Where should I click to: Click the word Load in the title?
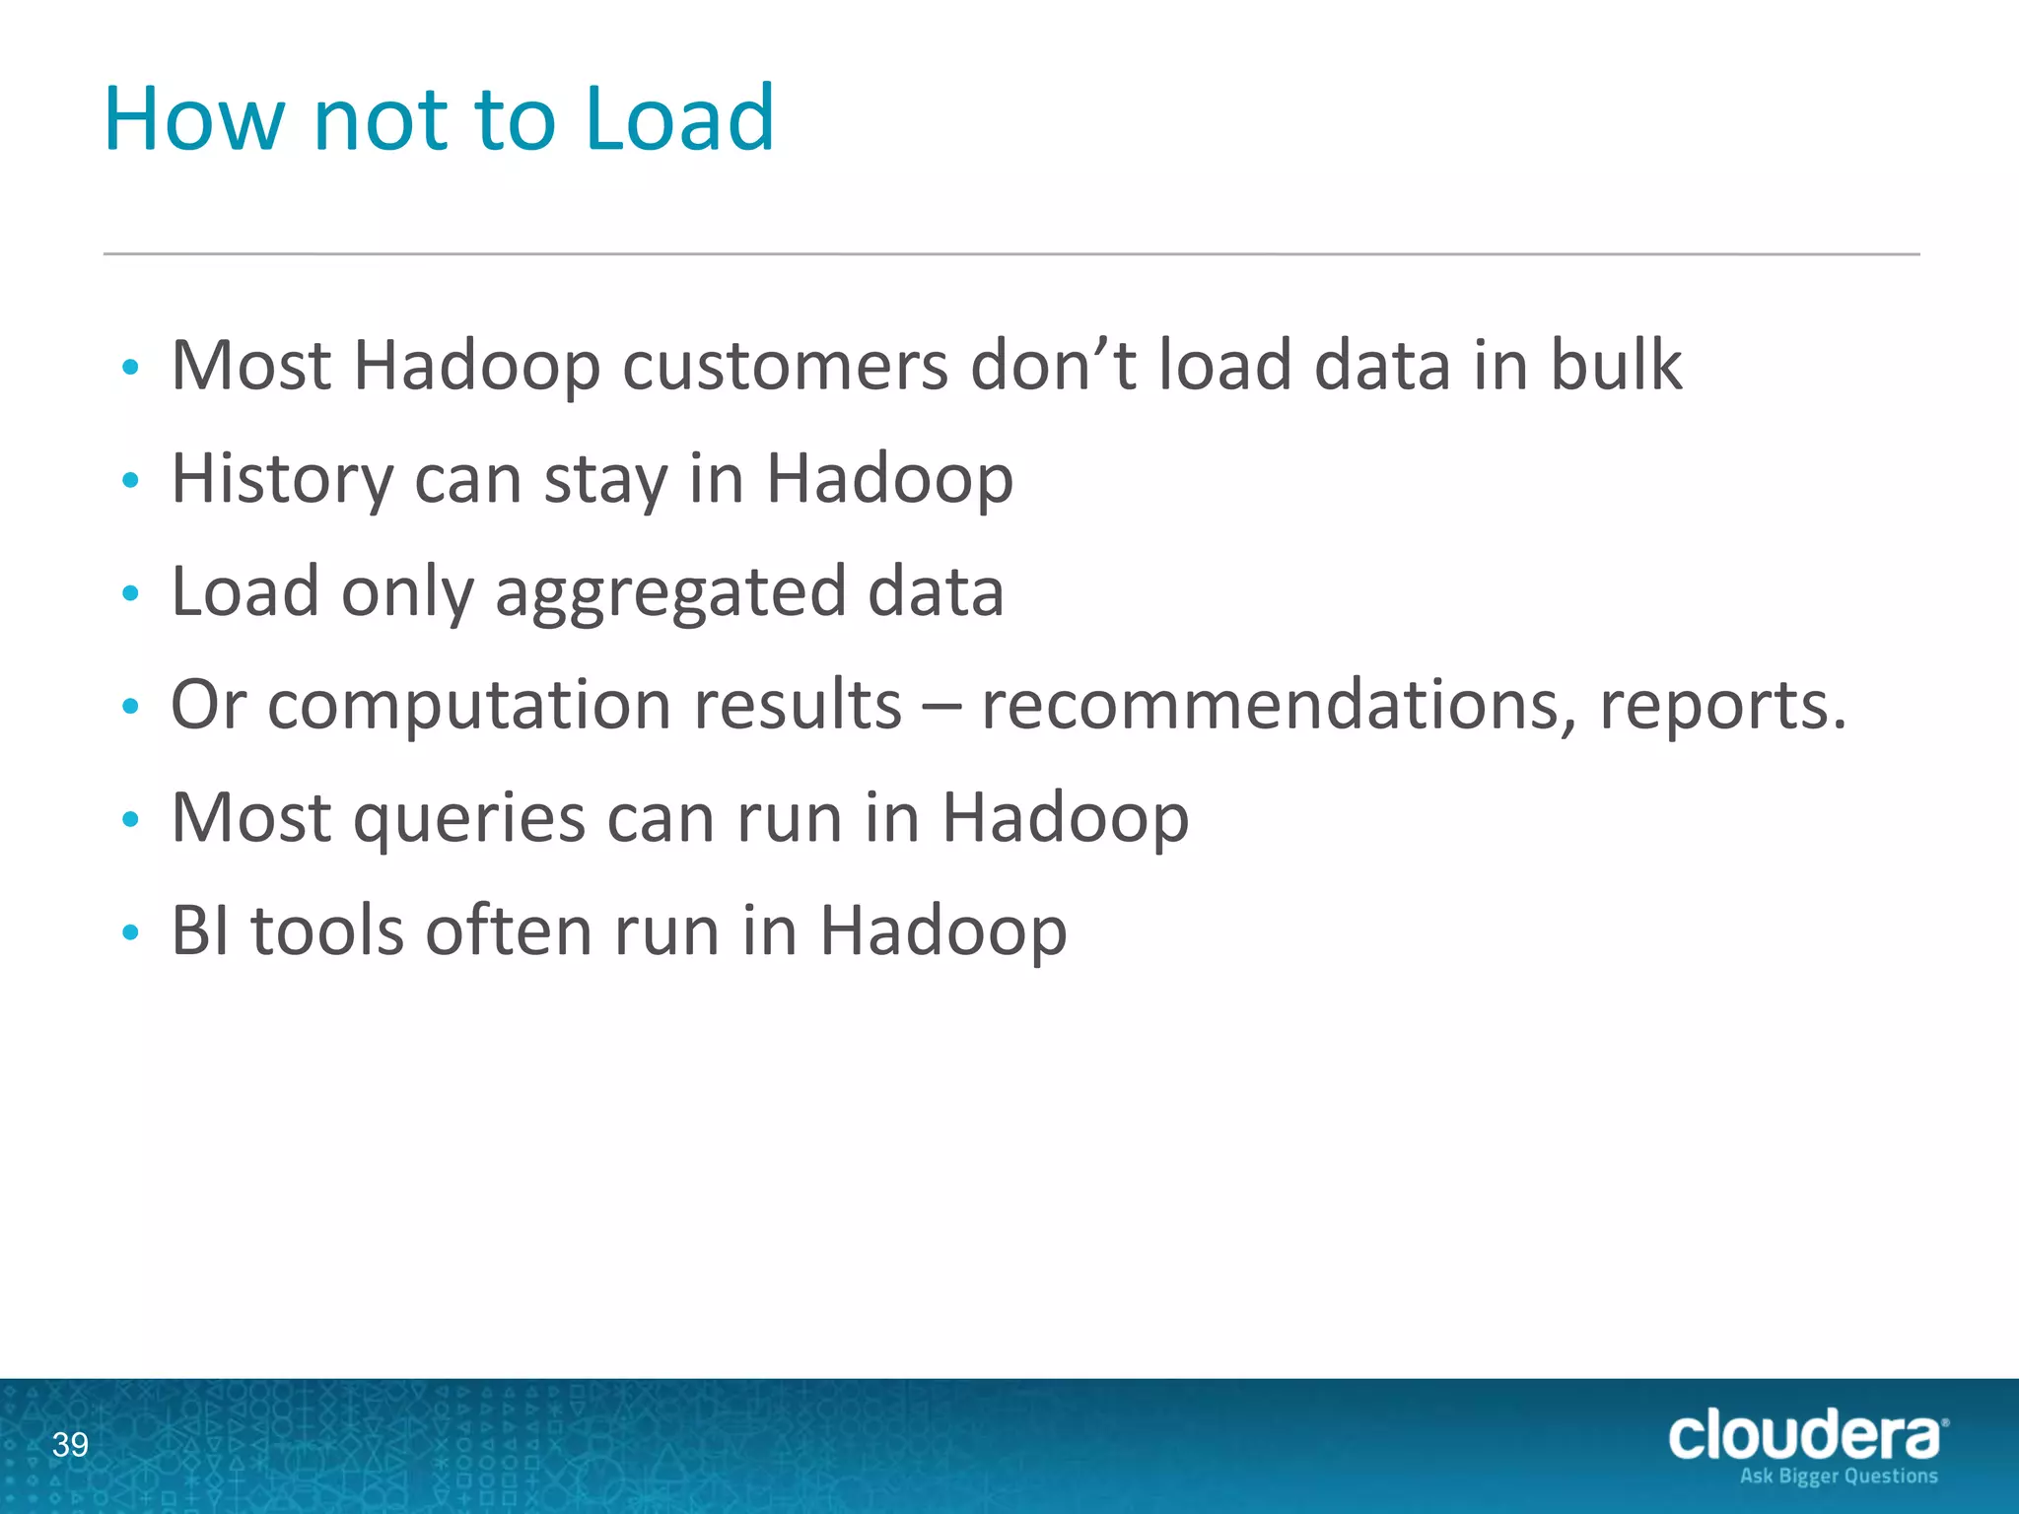(x=679, y=119)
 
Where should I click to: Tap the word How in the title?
(x=193, y=119)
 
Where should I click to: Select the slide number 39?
(x=70, y=1445)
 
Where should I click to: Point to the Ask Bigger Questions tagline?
(x=1839, y=1477)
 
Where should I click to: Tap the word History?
(x=282, y=480)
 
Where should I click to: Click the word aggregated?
(x=670, y=593)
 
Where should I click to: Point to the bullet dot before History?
(x=130, y=481)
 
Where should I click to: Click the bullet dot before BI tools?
(x=130, y=932)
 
